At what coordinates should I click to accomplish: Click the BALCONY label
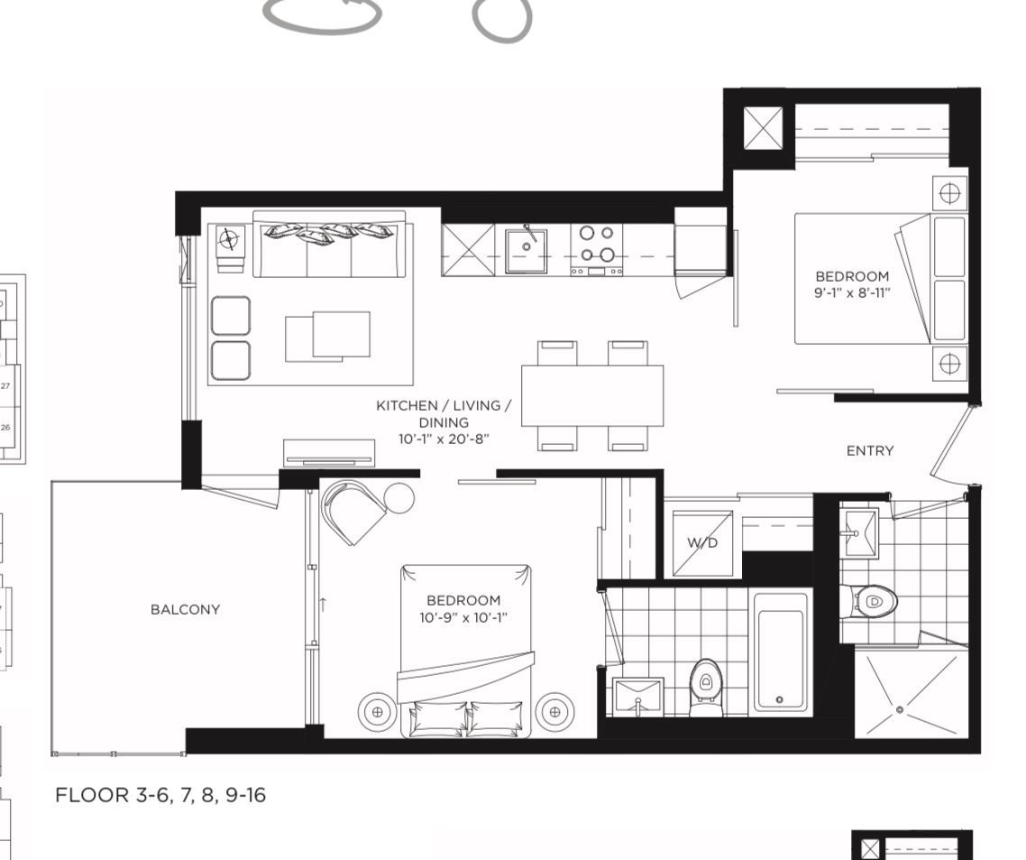[185, 610]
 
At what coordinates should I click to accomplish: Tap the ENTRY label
[870, 450]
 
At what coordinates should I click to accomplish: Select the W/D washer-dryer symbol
[702, 543]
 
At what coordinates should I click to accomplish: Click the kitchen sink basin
[526, 250]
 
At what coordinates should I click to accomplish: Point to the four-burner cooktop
[597, 250]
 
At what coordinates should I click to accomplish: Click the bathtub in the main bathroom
[780, 652]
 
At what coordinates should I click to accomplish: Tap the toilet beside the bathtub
[705, 687]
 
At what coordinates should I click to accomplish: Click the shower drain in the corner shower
[901, 710]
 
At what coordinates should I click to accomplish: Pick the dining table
[592, 396]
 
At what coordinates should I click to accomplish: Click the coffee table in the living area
[327, 336]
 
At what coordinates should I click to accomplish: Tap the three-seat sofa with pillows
[333, 244]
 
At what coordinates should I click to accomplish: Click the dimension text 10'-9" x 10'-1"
[463, 617]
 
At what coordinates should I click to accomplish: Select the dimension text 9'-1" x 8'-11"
[852, 292]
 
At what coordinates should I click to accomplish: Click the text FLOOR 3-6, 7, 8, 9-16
[160, 795]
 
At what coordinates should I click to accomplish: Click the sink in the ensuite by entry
[858, 532]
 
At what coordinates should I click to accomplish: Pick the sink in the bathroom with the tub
[638, 697]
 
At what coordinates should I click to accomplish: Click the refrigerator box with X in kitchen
[468, 250]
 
